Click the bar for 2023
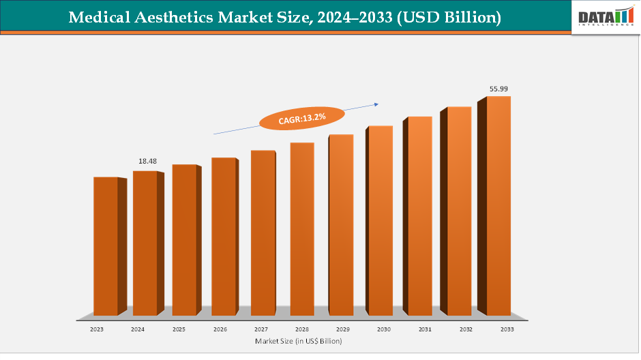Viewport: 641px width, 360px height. [x=106, y=245]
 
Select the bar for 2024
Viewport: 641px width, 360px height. [x=145, y=243]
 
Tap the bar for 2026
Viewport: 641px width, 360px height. [x=223, y=236]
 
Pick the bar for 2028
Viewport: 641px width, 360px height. [x=302, y=228]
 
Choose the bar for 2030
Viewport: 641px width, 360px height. [x=381, y=220]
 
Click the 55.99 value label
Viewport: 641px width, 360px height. [x=499, y=89]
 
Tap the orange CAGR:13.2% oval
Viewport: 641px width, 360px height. [x=302, y=119]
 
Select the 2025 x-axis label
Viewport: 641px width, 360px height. [x=179, y=329]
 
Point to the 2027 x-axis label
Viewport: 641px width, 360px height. [x=260, y=329]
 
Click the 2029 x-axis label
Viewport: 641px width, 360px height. [x=342, y=329]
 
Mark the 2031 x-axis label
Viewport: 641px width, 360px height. [x=424, y=329]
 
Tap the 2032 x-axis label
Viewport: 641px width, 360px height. [x=465, y=329]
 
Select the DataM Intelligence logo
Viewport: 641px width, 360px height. [x=604, y=17]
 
